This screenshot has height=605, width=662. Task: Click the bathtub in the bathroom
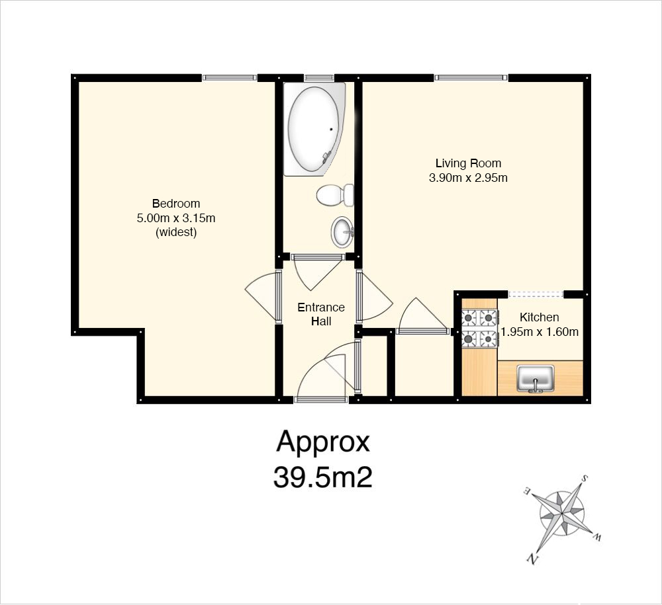point(314,129)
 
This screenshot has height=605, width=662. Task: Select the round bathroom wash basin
point(342,232)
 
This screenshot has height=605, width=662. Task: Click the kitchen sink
point(536,379)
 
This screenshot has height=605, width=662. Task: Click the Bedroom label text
point(176,204)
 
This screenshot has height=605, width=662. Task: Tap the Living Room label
point(468,163)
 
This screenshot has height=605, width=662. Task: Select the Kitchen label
point(539,317)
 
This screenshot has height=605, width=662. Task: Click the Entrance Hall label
point(321,314)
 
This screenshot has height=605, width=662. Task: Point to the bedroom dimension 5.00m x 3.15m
point(176,218)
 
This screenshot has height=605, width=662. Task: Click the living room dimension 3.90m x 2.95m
point(468,178)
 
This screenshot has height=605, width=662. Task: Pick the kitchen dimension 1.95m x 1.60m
point(539,332)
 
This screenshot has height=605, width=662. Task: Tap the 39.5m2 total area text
point(323,477)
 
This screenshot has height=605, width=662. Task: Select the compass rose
point(563,516)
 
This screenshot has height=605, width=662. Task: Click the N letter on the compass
point(532,559)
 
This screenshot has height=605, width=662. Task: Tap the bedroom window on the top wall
point(229,77)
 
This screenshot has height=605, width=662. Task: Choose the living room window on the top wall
point(471,77)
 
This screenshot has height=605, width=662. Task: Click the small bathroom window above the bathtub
point(319,77)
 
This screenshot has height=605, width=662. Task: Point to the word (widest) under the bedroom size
point(176,232)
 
